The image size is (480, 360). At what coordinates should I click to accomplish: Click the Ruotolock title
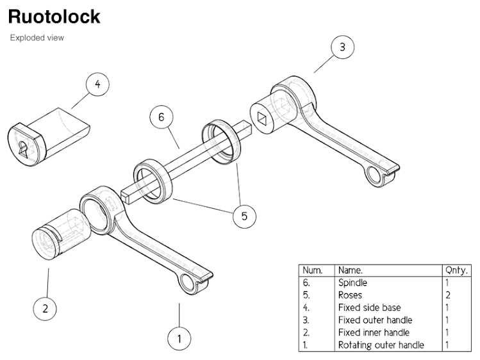point(54,16)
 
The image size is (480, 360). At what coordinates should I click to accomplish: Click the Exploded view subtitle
point(37,38)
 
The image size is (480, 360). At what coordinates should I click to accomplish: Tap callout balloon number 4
point(97,84)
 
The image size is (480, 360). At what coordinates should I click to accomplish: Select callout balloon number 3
point(342,46)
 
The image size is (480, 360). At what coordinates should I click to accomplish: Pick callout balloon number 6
point(161,117)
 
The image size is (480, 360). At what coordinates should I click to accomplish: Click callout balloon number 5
point(244,216)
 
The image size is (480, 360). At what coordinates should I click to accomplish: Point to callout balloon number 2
point(45,309)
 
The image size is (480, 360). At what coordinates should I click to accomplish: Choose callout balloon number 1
point(179,337)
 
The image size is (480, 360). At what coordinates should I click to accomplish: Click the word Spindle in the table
point(352,282)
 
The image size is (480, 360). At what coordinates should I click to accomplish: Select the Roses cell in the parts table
point(350,295)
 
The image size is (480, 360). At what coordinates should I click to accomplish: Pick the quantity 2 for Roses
point(448,295)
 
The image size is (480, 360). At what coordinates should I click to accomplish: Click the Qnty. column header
point(456,270)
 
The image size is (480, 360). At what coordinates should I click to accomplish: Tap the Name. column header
point(351,270)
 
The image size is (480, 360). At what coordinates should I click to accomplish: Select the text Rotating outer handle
point(380,345)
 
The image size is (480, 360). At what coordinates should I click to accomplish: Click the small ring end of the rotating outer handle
point(190,282)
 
